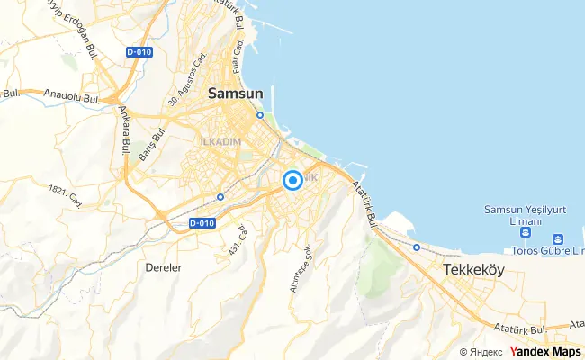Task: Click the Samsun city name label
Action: [237, 92]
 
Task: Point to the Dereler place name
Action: [166, 267]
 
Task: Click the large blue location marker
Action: [292, 181]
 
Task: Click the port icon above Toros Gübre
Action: [558, 239]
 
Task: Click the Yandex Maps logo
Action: [545, 351]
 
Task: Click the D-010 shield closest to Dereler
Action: [203, 222]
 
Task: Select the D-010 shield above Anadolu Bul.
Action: [139, 51]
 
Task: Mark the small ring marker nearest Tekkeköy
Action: [417, 247]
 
